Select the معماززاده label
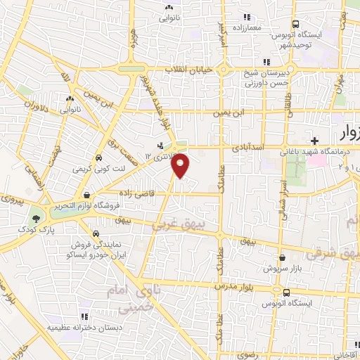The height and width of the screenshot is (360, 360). pos(245,26)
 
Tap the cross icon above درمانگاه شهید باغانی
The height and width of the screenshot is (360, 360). pos(315,141)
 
